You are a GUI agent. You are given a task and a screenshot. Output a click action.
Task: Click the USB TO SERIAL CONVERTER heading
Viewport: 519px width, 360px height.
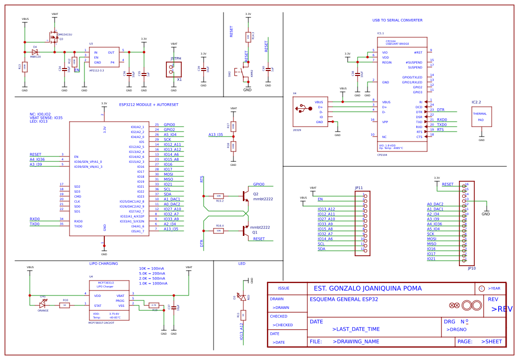[x=397, y=20]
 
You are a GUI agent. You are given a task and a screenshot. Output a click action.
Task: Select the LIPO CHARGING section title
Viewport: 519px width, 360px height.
[x=103, y=264]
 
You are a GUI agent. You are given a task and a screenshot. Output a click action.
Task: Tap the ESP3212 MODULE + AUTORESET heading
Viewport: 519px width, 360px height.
[x=148, y=105]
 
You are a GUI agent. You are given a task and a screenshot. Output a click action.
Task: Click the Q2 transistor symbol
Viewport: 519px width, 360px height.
[x=245, y=196]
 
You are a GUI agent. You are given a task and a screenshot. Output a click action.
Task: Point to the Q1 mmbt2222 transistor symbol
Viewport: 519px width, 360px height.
[x=245, y=230]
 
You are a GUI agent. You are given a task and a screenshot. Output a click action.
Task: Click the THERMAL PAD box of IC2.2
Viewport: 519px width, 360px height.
[x=481, y=117]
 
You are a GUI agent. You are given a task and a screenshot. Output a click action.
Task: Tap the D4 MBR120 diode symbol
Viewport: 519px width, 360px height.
[x=35, y=52]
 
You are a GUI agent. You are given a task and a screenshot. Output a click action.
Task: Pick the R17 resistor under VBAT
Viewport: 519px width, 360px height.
[x=233, y=126]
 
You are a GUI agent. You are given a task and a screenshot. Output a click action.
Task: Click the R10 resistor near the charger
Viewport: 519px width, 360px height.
[x=65, y=305]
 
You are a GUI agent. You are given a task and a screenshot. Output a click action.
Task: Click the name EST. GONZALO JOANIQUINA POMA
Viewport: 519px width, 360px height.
[x=367, y=288]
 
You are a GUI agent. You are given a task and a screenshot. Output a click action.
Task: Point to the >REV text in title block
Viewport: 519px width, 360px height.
[x=502, y=309]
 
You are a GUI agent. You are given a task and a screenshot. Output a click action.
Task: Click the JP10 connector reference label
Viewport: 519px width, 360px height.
[x=471, y=269]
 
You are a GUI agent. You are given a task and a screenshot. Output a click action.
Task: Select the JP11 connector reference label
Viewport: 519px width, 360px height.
[x=359, y=188]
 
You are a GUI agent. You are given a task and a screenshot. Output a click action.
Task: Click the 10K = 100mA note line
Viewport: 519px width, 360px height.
[x=151, y=269]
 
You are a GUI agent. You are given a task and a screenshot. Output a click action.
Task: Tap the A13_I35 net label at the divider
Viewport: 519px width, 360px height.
[x=216, y=135]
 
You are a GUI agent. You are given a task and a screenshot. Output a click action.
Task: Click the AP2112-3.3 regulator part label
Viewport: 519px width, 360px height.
[x=96, y=71]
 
